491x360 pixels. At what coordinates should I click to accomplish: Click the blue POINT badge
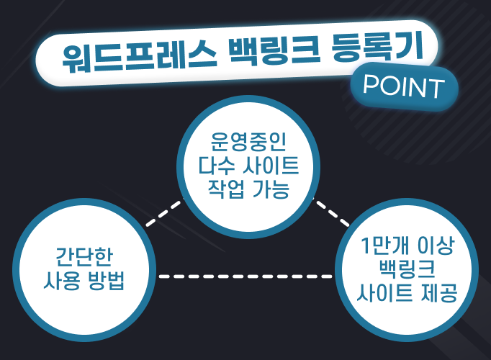404,86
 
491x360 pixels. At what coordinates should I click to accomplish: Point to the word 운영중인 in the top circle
248,142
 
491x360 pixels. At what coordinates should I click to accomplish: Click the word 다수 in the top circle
217,166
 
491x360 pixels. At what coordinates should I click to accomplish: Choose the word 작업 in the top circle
226,189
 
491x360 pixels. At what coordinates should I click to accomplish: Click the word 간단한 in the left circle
84,257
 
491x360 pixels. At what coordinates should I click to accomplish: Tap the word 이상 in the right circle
436,245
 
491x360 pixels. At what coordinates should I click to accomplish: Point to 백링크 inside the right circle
407,269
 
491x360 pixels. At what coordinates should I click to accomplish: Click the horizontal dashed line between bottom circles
245,276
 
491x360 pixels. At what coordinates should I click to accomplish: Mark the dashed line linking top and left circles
164,214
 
